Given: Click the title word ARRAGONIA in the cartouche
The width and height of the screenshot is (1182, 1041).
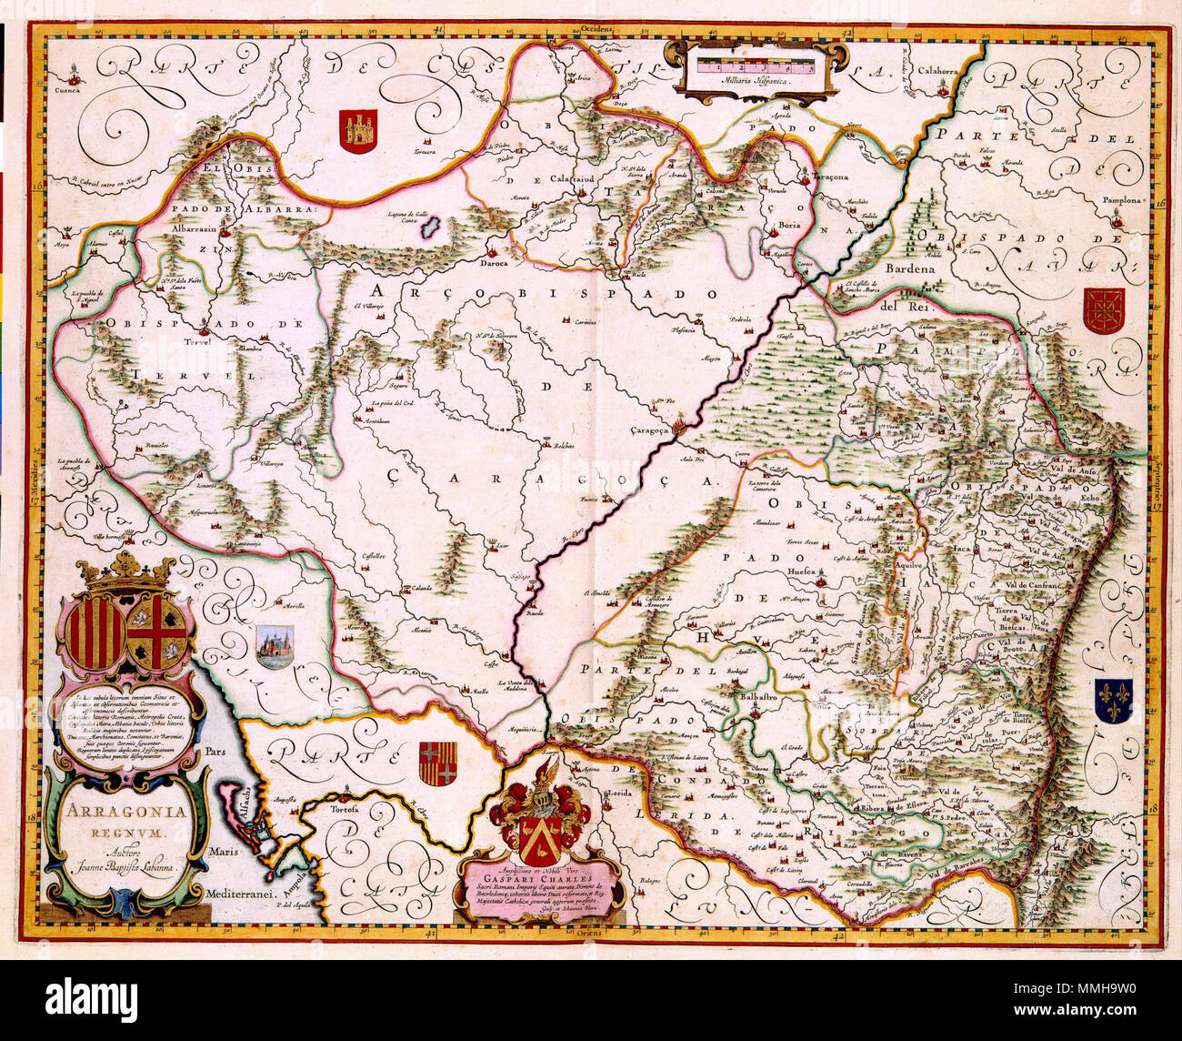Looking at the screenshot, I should tap(125, 809).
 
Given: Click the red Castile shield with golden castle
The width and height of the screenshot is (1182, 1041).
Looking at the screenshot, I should tap(357, 131).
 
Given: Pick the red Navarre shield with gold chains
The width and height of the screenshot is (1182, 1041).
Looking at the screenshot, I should tap(1103, 311).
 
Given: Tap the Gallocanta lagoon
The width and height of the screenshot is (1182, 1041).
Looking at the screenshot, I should tap(431, 226).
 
